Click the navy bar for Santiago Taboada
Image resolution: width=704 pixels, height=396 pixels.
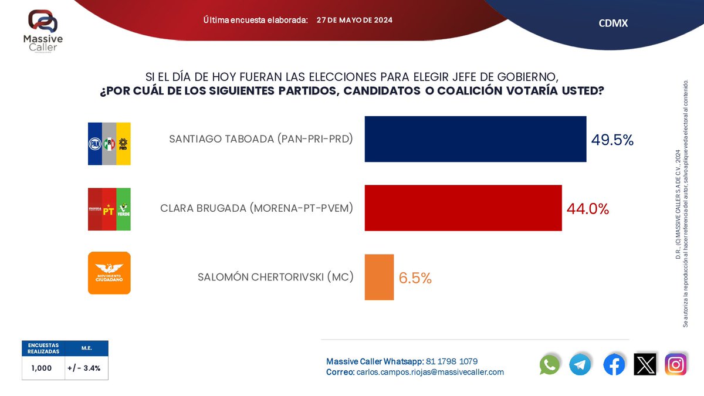click(475, 139)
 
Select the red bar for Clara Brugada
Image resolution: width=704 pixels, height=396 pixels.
click(463, 208)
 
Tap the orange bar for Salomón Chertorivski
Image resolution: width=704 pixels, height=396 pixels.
click(379, 277)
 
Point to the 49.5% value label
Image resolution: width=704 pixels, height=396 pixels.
click(612, 140)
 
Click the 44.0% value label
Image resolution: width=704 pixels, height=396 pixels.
click(587, 208)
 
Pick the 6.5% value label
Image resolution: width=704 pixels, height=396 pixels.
click(415, 278)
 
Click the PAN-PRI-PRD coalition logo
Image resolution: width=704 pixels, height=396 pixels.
click(109, 143)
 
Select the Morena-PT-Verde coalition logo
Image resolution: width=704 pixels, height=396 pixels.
click(109, 209)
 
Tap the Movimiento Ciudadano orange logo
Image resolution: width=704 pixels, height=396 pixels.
click(109, 273)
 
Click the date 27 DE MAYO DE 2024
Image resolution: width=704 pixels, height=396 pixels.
click(354, 20)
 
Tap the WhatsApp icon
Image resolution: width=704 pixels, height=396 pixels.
click(550, 365)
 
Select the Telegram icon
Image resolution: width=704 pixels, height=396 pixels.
click(580, 365)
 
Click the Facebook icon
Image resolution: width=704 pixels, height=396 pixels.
click(614, 365)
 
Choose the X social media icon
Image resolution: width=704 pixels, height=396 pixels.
click(645, 365)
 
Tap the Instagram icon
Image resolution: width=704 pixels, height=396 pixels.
click(676, 365)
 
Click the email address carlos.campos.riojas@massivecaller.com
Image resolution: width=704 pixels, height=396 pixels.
click(429, 372)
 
